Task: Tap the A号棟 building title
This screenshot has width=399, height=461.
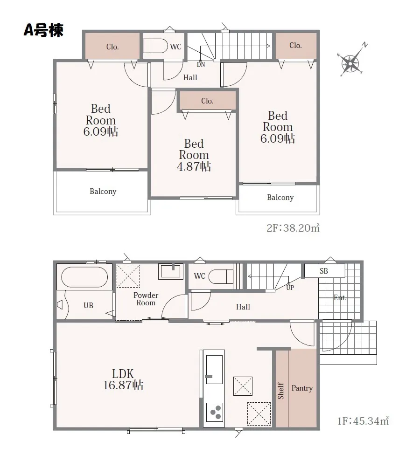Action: (x=43, y=30)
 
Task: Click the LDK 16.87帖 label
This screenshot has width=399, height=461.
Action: (x=123, y=379)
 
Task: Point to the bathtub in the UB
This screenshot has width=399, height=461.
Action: (x=84, y=277)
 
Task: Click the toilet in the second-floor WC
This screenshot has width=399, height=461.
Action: (x=155, y=46)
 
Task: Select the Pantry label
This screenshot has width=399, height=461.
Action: (x=302, y=388)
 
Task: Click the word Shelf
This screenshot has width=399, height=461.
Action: (x=281, y=391)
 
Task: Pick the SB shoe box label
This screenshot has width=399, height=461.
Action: (x=324, y=271)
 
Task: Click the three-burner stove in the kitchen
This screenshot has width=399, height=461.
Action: (x=214, y=412)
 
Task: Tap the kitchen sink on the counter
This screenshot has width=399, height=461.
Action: (x=214, y=369)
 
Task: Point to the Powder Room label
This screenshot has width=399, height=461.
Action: (x=146, y=299)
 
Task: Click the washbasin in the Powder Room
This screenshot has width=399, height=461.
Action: (x=171, y=271)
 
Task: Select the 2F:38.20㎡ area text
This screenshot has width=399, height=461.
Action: (x=293, y=228)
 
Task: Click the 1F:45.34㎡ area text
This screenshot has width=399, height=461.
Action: (x=363, y=421)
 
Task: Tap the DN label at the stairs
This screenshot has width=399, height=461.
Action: (x=201, y=65)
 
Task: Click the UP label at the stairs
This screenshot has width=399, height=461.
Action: (x=290, y=288)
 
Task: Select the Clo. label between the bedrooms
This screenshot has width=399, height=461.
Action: (x=207, y=101)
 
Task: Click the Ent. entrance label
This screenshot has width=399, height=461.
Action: (x=340, y=298)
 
